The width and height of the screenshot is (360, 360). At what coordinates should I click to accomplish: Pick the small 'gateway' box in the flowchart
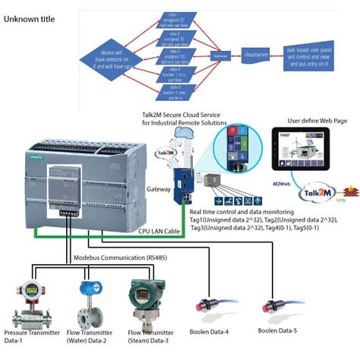coord(219,55)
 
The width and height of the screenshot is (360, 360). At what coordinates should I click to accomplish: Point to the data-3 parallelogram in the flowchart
coord(175,56)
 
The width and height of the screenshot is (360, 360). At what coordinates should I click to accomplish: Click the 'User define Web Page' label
coord(317,121)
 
